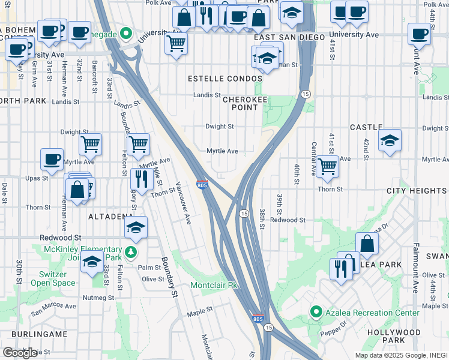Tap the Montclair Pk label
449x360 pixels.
click(214, 285)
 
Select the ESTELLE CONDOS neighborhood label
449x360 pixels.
click(225, 79)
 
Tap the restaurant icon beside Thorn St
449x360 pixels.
click(139, 178)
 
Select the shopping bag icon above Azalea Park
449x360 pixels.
click(367, 243)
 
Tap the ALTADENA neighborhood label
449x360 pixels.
click(110, 216)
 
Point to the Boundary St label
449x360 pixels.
click(169, 277)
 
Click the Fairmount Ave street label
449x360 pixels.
click(415, 267)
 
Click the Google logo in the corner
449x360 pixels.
click(20, 353)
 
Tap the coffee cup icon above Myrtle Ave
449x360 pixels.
click(52, 159)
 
